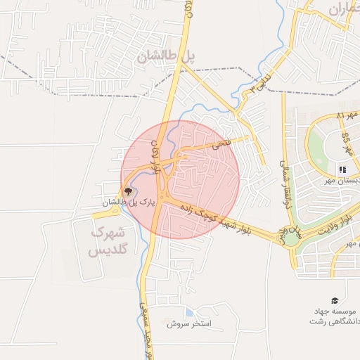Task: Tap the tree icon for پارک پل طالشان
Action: [128, 191]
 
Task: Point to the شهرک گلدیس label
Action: [108, 240]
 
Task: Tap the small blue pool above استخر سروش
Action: [189, 313]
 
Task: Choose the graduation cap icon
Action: [335, 300]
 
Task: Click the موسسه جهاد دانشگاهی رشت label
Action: [335, 316]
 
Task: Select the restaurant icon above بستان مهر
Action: [342, 169]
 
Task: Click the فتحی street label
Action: [220, 143]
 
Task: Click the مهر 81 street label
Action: [347, 114]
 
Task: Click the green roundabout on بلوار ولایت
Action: [290, 238]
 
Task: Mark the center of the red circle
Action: [181, 179]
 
